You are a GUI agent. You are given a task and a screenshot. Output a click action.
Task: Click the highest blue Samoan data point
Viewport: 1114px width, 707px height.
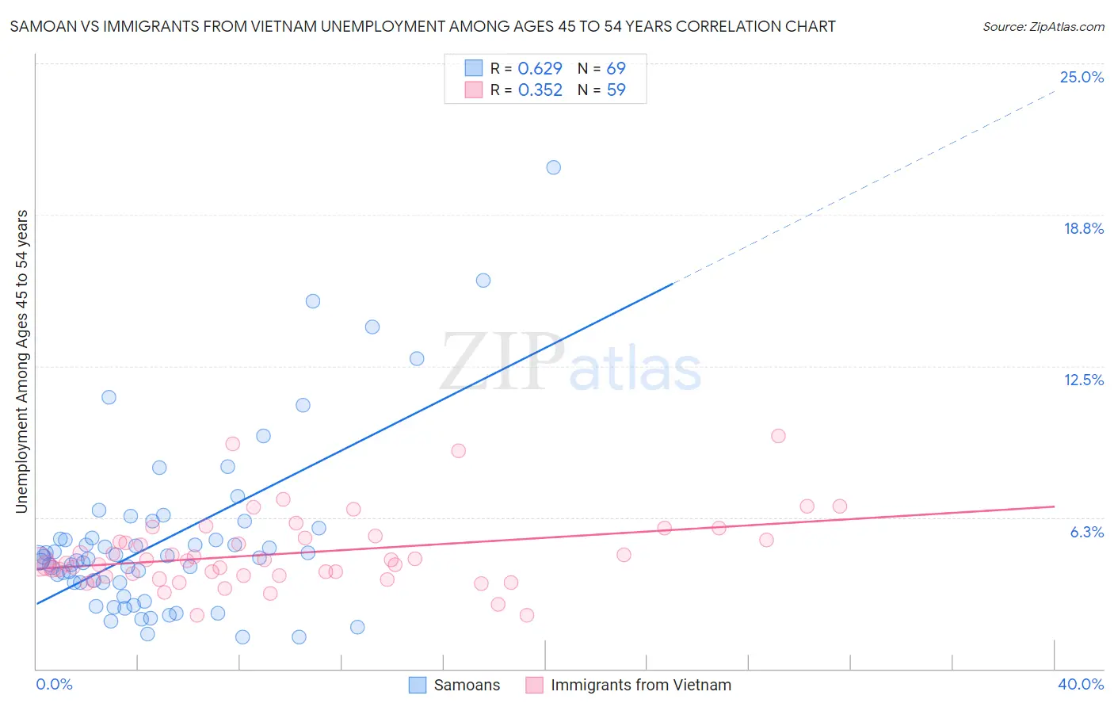tap(553, 167)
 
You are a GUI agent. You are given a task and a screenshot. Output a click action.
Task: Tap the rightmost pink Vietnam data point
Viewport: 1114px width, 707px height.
tap(839, 506)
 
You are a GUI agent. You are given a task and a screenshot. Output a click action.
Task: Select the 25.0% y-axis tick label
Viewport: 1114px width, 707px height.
tap(1082, 77)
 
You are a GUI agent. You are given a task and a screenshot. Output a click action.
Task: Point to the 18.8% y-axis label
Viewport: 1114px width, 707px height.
tap(1083, 228)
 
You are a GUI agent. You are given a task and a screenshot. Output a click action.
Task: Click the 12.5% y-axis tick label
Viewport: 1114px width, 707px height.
tap(1083, 380)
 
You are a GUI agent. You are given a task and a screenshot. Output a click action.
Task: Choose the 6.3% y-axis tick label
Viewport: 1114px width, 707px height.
tap(1086, 532)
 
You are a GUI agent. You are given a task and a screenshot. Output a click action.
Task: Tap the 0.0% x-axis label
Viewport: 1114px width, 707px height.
tap(54, 684)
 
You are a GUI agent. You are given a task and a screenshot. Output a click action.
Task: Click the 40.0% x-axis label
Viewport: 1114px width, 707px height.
tap(1080, 684)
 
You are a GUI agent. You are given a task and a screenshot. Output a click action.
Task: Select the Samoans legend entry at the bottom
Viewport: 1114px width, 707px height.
tap(467, 685)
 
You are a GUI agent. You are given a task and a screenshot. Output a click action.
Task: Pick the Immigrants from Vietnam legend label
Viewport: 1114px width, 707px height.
tap(640, 685)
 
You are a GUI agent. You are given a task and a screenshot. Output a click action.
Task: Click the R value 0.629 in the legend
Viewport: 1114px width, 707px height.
tap(540, 69)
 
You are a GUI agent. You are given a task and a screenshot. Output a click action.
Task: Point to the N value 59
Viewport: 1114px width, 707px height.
tap(616, 90)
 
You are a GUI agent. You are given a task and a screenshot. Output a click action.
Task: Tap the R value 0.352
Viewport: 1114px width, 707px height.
tap(540, 90)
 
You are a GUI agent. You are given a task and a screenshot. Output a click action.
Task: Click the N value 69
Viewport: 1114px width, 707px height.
tap(616, 69)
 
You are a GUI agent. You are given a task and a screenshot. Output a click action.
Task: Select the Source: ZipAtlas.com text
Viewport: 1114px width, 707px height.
tap(1043, 27)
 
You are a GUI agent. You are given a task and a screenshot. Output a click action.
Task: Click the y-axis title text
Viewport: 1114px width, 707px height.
tap(22, 361)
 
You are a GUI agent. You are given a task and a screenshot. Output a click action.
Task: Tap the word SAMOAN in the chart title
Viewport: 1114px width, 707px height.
tap(38, 27)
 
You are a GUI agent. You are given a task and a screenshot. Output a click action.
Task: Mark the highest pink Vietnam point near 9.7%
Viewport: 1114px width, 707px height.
tap(778, 436)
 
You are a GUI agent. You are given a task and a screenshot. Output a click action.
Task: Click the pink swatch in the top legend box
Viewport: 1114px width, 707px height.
tap(473, 90)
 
